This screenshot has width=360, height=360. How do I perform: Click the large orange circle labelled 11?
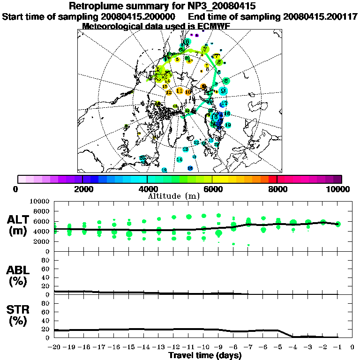[180, 90]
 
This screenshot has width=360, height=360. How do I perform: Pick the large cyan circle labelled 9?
[224, 90]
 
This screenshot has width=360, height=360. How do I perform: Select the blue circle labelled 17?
[224, 103]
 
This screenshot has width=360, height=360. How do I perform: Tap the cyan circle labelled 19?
[228, 125]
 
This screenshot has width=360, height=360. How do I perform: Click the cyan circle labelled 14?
[180, 159]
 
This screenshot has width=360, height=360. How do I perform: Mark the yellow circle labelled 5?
[177, 59]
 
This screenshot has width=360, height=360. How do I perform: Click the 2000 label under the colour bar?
[82, 189]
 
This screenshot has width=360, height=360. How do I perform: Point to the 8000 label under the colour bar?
[277, 189]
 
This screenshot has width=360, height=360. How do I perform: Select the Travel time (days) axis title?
[205, 355]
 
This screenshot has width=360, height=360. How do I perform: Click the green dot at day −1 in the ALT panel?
[338, 224]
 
